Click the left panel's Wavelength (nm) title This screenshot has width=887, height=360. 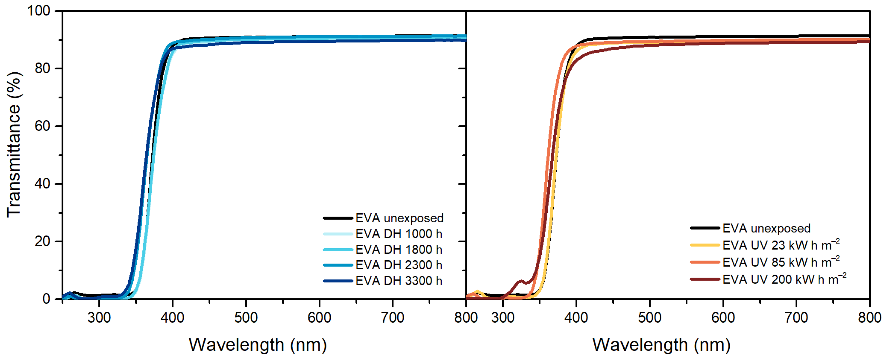point(258,345)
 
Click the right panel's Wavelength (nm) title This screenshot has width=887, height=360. point(661,345)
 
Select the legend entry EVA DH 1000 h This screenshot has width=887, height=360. point(399,234)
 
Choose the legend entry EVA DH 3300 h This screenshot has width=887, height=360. point(399,281)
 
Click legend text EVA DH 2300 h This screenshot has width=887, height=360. point(399,265)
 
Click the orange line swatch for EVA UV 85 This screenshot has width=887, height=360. point(705,262)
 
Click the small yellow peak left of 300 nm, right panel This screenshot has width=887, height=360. point(477,292)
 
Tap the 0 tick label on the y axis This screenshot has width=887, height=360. point(46,299)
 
